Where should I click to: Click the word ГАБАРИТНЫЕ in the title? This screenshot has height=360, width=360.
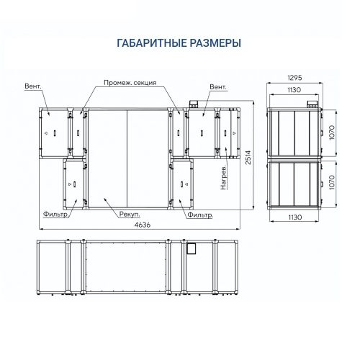152,43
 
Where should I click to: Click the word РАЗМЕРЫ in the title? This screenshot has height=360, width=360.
215,43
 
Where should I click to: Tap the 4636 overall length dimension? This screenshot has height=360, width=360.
143,225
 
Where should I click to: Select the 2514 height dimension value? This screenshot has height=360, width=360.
248,158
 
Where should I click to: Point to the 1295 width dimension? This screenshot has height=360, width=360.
294,78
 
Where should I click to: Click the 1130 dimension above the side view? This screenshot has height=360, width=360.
294,90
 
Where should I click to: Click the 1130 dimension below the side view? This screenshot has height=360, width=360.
295,217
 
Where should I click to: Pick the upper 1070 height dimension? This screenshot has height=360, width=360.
332,132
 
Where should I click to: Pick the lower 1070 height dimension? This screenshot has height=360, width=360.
332,182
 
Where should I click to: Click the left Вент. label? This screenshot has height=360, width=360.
33,86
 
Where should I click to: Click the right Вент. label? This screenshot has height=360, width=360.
218,87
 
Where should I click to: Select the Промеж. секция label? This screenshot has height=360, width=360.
130,83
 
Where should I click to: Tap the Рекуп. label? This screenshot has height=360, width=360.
130,215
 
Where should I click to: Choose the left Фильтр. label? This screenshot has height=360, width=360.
55,214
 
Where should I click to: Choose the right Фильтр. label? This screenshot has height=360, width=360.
200,215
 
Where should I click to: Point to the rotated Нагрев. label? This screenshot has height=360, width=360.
223,177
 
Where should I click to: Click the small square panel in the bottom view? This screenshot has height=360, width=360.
192,248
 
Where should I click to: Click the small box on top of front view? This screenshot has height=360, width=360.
194,104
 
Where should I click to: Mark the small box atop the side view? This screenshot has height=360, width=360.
312,104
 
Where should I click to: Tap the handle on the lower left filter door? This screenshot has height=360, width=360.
74,184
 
